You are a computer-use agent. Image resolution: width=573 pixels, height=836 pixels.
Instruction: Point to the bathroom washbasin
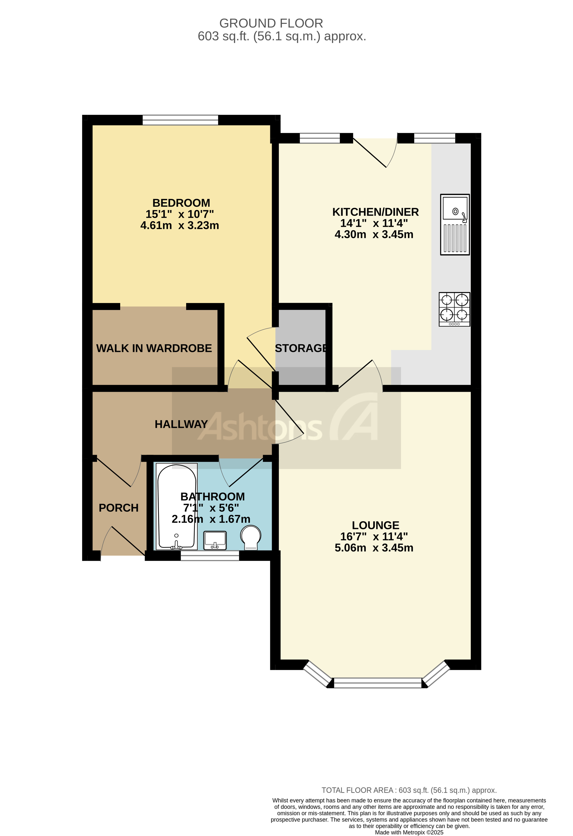pyautogui.click(x=215, y=540)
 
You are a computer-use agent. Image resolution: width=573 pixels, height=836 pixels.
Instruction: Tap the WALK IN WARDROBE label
pyautogui.click(x=154, y=348)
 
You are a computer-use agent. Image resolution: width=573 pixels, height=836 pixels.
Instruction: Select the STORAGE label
pyautogui.click(x=301, y=348)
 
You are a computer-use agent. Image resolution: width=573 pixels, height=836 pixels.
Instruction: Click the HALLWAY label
pyautogui.click(x=181, y=424)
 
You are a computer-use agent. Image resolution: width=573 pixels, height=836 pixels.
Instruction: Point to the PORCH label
pyautogui.click(x=118, y=508)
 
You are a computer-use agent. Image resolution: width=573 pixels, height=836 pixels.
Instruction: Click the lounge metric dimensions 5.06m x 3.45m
pyautogui.click(x=374, y=547)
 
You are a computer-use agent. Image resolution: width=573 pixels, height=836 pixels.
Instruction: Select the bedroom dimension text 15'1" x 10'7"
pyautogui.click(x=180, y=214)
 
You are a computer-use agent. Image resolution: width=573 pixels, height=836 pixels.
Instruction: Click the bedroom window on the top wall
pyautogui.click(x=180, y=120)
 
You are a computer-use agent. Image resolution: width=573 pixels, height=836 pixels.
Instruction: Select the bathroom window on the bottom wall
pyautogui.click(x=210, y=556)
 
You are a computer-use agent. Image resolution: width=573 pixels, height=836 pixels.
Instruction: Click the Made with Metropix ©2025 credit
pyautogui.click(x=409, y=832)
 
